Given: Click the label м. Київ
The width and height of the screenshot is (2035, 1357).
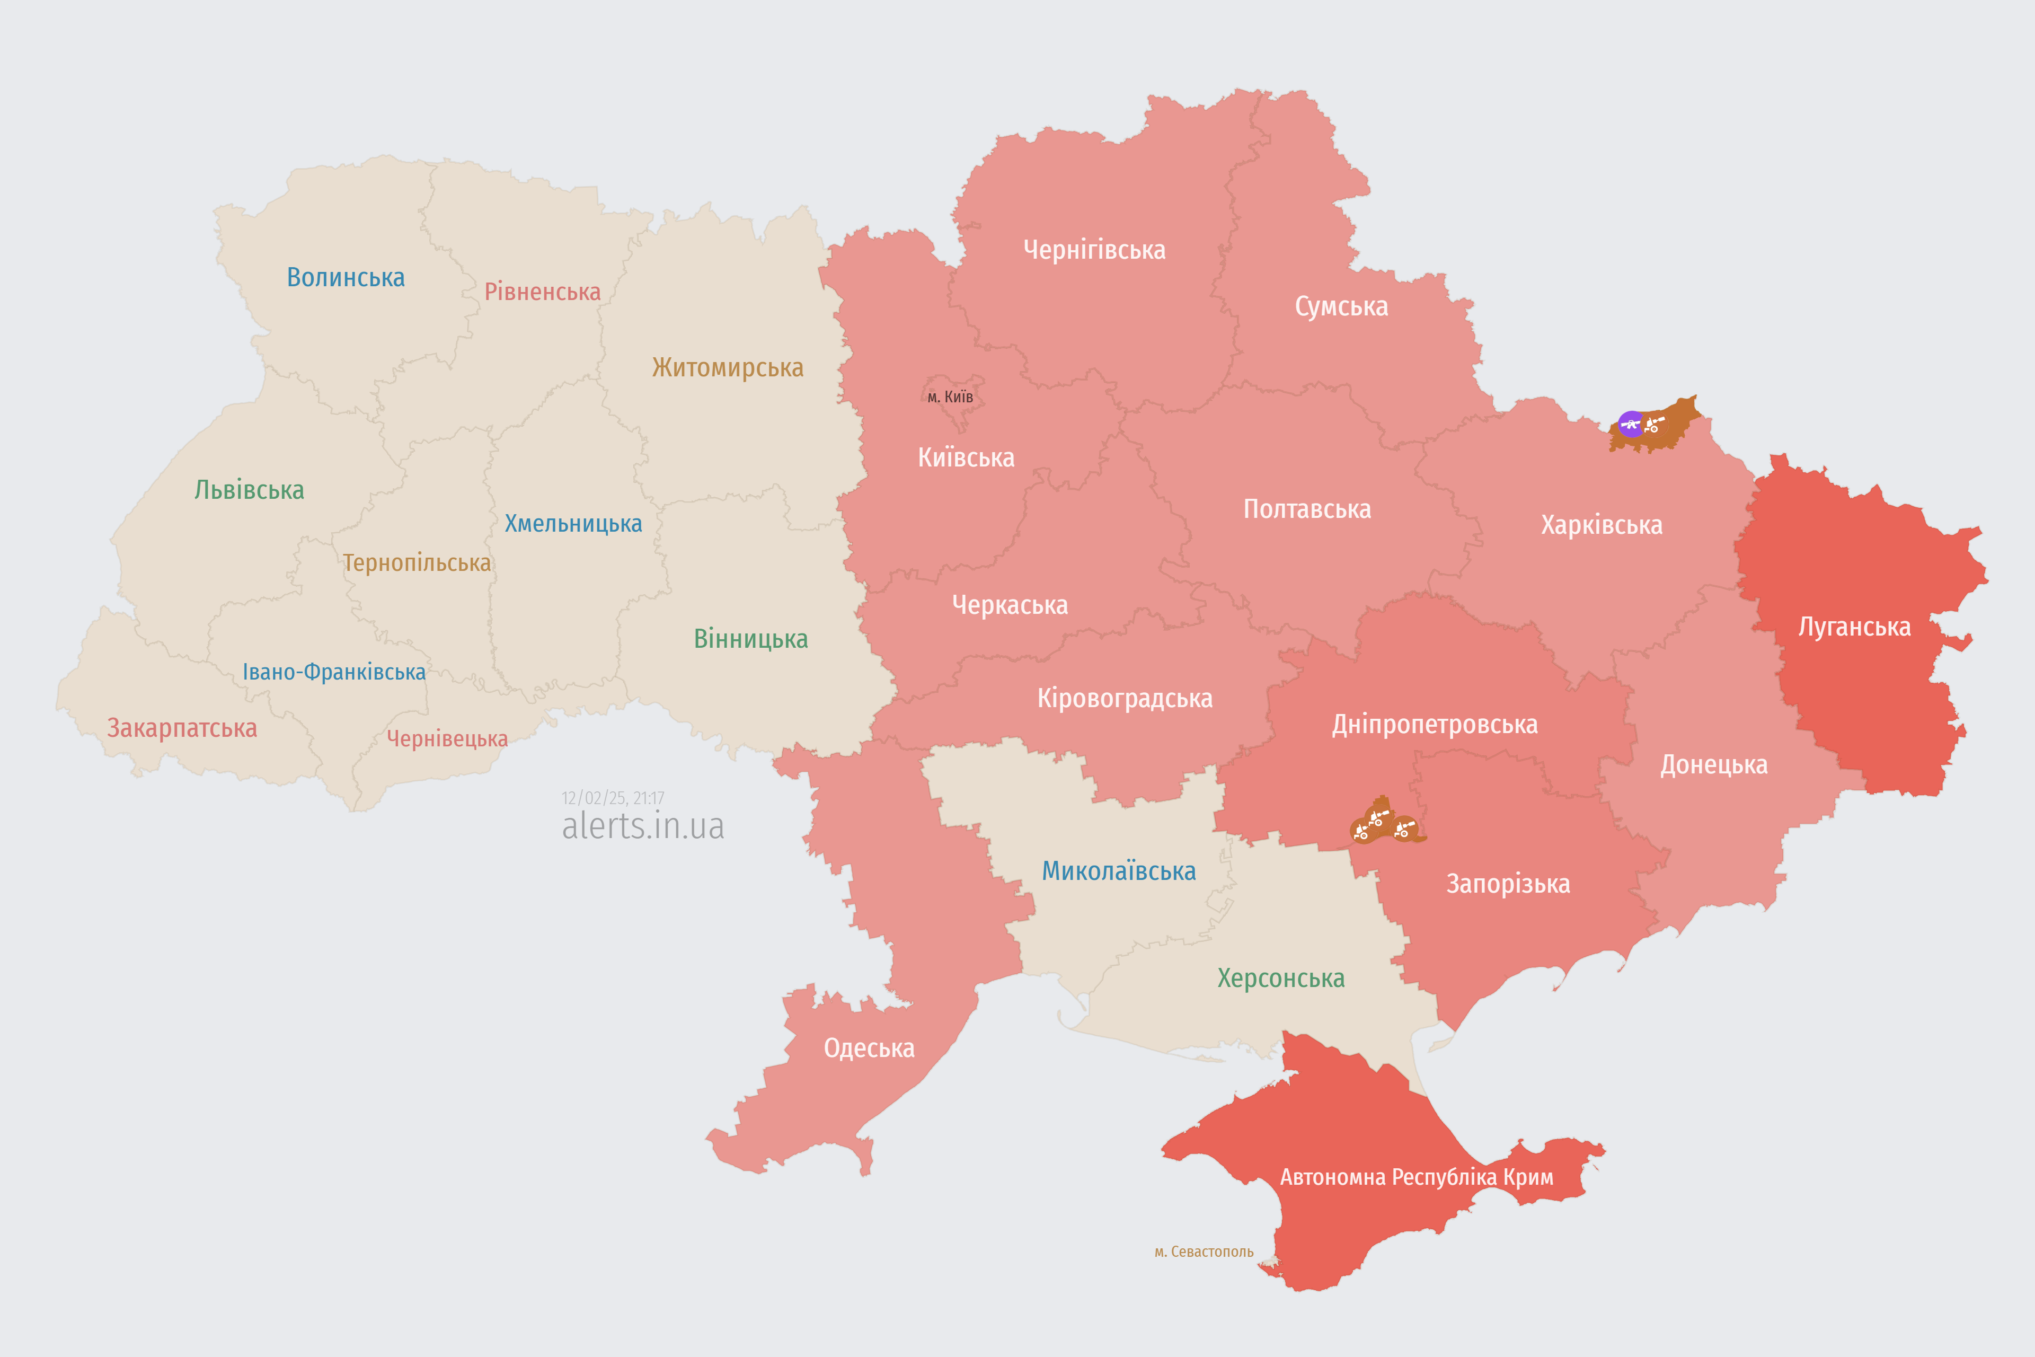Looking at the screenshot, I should tap(950, 397).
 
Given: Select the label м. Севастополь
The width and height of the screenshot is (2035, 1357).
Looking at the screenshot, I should tap(1204, 1252).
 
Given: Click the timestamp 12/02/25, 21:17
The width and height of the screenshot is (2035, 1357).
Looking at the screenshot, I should tap(613, 798).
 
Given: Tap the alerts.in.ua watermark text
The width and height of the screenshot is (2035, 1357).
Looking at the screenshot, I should tap(643, 826).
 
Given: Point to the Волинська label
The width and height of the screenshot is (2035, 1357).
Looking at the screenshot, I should tap(345, 278).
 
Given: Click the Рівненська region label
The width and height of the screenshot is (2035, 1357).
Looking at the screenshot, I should tap(543, 292).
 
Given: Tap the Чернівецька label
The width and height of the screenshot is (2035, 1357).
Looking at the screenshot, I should tap(447, 738).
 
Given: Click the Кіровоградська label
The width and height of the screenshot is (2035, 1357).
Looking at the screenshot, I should tap(1125, 699).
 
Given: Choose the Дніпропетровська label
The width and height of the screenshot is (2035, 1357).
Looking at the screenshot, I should tap(1435, 725).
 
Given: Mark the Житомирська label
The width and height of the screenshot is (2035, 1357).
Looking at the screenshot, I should tap(728, 368).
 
